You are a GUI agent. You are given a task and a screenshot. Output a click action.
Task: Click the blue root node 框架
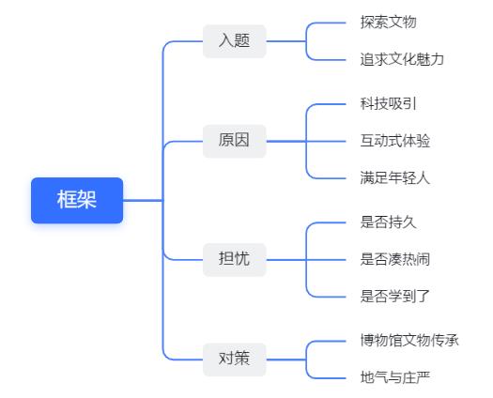pyautogui.click(x=77, y=200)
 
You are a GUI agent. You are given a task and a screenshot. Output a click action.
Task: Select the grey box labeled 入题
pyautogui.click(x=235, y=41)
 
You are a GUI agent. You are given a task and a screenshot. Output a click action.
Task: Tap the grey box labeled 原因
pyautogui.click(x=235, y=141)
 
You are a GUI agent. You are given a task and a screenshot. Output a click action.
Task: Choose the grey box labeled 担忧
pyautogui.click(x=235, y=260)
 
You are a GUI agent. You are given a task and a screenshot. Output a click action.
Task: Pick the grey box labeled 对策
pyautogui.click(x=235, y=360)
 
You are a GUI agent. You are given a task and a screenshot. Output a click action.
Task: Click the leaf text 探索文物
pyautogui.click(x=389, y=23)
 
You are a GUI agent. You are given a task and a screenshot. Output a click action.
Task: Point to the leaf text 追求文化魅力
pyautogui.click(x=402, y=59)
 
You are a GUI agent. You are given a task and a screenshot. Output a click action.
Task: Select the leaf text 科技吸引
pyautogui.click(x=389, y=104)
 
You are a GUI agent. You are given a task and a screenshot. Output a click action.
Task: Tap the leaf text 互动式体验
pyautogui.click(x=395, y=141)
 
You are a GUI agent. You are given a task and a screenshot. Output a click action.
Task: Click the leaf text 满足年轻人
pyautogui.click(x=395, y=178)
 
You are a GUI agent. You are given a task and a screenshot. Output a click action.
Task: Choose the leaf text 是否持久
pyautogui.click(x=389, y=222)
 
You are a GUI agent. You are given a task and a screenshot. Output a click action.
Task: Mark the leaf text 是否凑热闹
pyautogui.click(x=395, y=259)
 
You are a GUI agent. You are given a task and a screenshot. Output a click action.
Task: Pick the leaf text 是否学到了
pyautogui.click(x=395, y=297)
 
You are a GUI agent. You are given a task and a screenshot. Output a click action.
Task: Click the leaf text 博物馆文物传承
pyautogui.click(x=409, y=341)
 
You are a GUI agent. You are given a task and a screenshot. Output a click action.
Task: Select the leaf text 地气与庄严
pyautogui.click(x=395, y=377)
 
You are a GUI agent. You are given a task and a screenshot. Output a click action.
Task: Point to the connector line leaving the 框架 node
pyautogui.click(x=143, y=200)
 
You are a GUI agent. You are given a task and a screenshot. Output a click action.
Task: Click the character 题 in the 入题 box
pyautogui.click(x=242, y=41)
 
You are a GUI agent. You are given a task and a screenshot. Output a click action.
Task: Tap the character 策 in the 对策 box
pyautogui.click(x=242, y=359)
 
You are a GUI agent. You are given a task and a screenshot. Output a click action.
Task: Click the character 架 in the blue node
pyautogui.click(x=86, y=200)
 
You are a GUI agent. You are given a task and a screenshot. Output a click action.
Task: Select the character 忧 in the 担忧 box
pyautogui.click(x=242, y=259)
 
